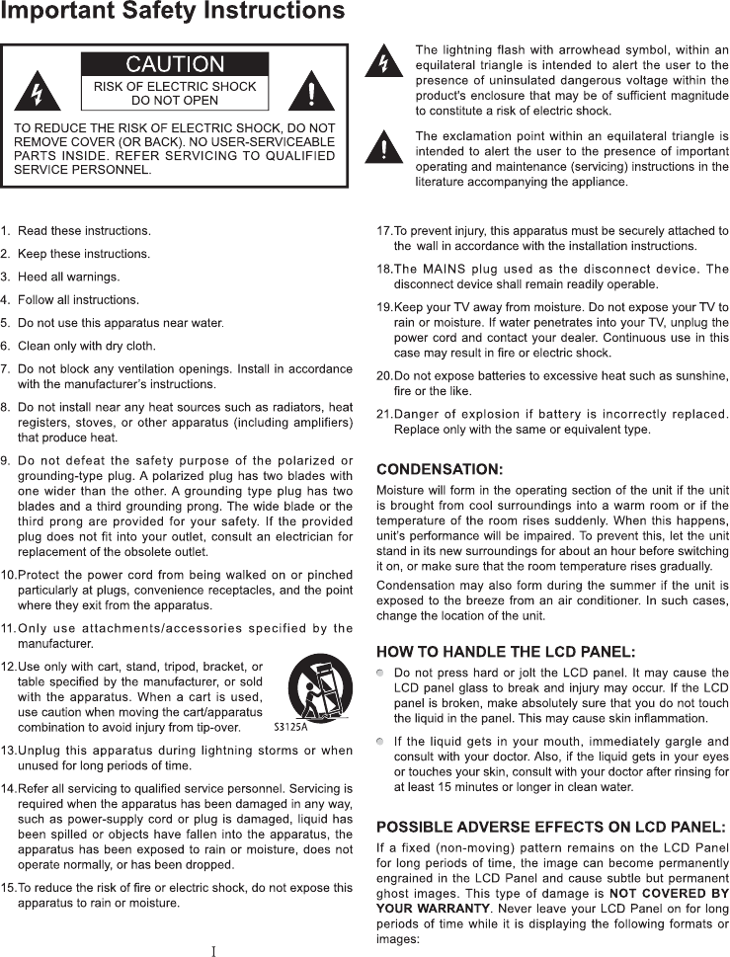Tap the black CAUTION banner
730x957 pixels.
pyautogui.click(x=175, y=65)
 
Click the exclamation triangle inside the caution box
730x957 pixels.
pyautogui.click(x=311, y=94)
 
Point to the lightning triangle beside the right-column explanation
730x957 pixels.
pyautogui.click(x=383, y=63)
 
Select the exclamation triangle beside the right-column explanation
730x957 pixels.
pyautogui.click(x=383, y=148)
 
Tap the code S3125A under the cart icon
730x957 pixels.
pyautogui.click(x=291, y=729)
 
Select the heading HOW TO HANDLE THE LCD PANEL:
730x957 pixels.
pyautogui.click(x=506, y=651)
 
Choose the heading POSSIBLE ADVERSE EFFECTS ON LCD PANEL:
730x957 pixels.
pyautogui.click(x=551, y=826)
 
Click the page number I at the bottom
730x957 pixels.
pyautogui.click(x=213, y=951)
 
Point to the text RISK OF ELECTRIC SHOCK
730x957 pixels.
pyautogui.click(x=175, y=87)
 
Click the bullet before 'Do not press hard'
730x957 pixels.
pyautogui.click(x=381, y=673)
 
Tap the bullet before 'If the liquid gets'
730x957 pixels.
pyautogui.click(x=381, y=741)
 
